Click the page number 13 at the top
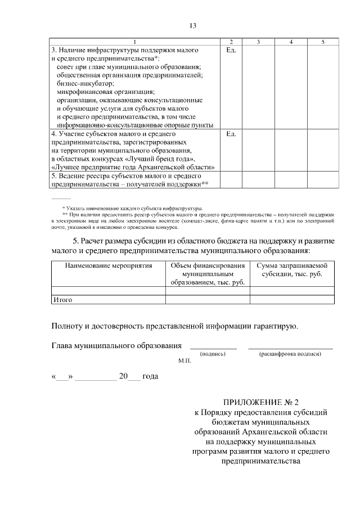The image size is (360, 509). [192, 26]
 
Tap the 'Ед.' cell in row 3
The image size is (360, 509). [231, 51]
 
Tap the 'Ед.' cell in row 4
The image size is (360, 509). [231, 134]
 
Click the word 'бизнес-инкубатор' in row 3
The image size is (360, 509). [81, 83]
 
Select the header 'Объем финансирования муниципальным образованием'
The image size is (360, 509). [208, 273]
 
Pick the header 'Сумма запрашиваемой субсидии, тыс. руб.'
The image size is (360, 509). [292, 269]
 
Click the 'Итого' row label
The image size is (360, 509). [62, 300]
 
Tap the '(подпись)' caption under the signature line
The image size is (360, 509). [213, 354]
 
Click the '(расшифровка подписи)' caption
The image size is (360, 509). [290, 354]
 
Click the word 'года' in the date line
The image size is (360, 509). [150, 377]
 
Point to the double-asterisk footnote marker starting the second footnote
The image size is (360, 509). [65, 215]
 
